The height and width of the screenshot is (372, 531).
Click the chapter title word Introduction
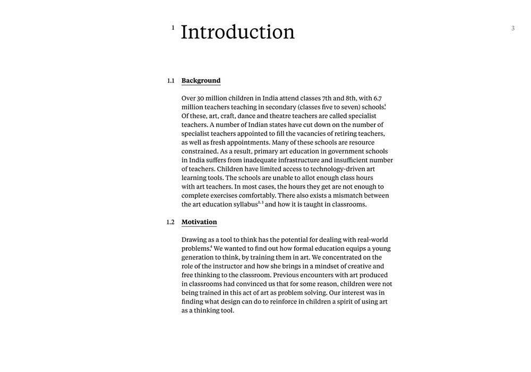click(x=237, y=32)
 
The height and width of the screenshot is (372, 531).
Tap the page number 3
click(x=513, y=28)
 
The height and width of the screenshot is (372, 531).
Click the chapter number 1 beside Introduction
click(x=173, y=28)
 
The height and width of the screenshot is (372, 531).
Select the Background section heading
click(x=201, y=81)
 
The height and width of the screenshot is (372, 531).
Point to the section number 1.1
click(x=170, y=81)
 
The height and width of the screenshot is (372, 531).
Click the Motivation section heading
click(x=199, y=222)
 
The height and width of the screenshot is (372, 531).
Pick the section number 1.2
click(x=170, y=222)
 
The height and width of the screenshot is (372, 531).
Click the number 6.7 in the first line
click(x=377, y=98)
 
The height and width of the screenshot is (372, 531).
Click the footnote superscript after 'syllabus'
click(x=260, y=202)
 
